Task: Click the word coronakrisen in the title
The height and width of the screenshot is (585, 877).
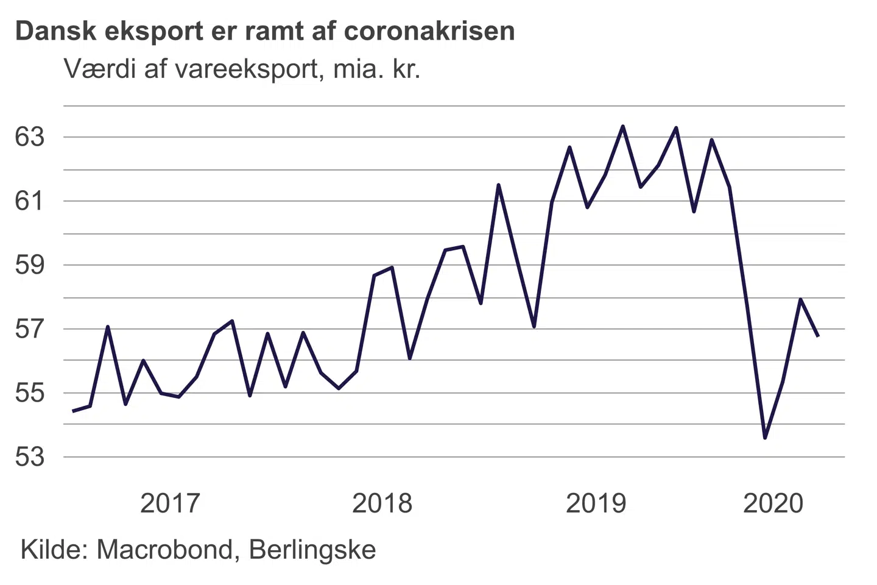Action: (429, 31)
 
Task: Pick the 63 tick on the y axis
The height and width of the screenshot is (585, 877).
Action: (30, 137)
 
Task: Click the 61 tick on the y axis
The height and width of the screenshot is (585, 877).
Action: (30, 201)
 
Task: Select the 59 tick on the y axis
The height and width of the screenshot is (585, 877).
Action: (30, 265)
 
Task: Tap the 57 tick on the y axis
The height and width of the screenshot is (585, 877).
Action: (30, 329)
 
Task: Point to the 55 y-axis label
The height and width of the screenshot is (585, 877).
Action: (30, 393)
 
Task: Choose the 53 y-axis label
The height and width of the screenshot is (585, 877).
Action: (30, 457)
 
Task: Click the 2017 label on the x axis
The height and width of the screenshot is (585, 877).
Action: (170, 503)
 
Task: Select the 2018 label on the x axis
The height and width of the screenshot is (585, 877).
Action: (382, 503)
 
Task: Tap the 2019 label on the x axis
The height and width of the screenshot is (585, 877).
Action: (596, 503)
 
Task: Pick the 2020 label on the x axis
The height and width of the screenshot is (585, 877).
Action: (773, 503)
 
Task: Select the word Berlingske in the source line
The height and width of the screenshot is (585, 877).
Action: (312, 550)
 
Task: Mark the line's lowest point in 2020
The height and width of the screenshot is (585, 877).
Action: (765, 438)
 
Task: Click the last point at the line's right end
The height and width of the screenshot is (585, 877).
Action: (818, 336)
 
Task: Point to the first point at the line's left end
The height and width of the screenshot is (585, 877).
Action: (73, 411)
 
